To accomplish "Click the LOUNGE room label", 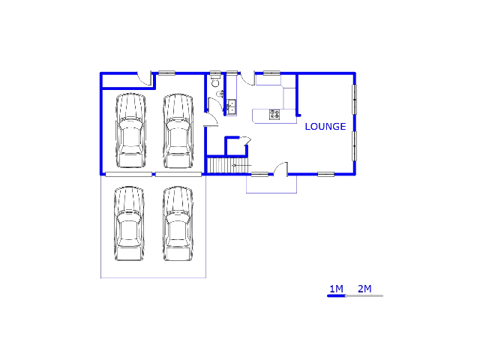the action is pos(325,127).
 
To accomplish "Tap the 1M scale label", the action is pos(336,289).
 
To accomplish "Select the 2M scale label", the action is pos(364,289).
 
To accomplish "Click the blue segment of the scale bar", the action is pos(337,295).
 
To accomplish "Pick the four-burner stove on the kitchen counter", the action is pos(274,115).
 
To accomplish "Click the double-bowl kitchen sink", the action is pos(232,107).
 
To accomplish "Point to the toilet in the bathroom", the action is pos(215,82).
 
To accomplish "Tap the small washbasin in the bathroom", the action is pos(220,94).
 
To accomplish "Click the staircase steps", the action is pos(227,165).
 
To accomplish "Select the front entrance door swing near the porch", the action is pos(280,169).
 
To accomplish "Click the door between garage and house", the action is pos(211,119).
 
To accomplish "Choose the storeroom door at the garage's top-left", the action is pos(145,78).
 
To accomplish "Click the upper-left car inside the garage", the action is pos(130,130).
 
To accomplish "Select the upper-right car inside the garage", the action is pos(178,131).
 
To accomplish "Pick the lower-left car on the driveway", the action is pos(129,223).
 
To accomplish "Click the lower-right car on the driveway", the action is pos(178,223).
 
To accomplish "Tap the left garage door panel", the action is pos(128,175).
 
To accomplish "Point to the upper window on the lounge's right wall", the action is pos(355,100).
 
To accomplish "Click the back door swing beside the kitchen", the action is pos(247,78).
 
